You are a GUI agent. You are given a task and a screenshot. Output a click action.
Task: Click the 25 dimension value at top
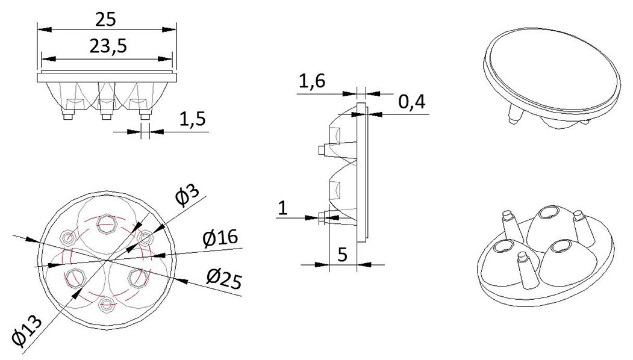pyautogui.click(x=106, y=19)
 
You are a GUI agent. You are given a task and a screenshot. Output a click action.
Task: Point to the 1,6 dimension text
pyautogui.click(x=312, y=81)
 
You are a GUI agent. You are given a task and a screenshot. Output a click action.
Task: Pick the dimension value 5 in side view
pyautogui.click(x=342, y=255)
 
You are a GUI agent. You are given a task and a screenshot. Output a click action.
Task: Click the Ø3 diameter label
pyautogui.click(x=187, y=196)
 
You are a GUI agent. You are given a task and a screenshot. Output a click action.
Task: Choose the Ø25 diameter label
pyautogui.click(x=223, y=279)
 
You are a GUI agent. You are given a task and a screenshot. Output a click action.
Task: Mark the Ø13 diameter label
pyautogui.click(x=28, y=329)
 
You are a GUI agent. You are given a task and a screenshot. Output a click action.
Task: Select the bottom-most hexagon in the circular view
pyautogui.click(x=107, y=305)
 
